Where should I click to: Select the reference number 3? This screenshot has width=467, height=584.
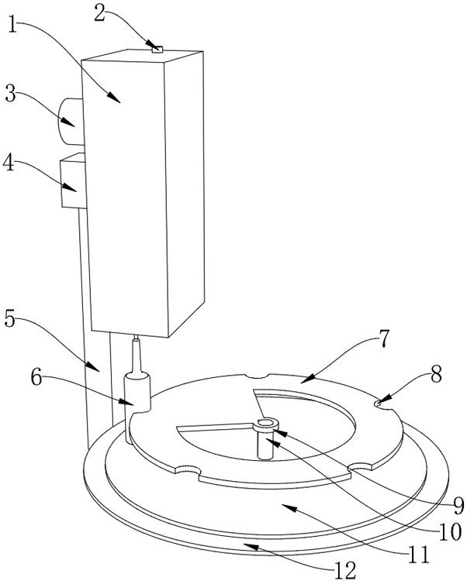[x=10, y=94]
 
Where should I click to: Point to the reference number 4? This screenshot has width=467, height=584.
[x=10, y=163]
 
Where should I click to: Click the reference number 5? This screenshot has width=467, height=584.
[x=10, y=318]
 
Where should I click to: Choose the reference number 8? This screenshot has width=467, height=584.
[x=436, y=374]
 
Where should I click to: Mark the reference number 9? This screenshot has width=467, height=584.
[x=457, y=505]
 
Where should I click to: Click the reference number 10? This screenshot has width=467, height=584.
[x=448, y=531]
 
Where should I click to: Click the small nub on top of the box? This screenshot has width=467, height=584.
[x=157, y=50]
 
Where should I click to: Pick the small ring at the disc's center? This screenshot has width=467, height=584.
[x=265, y=422]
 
